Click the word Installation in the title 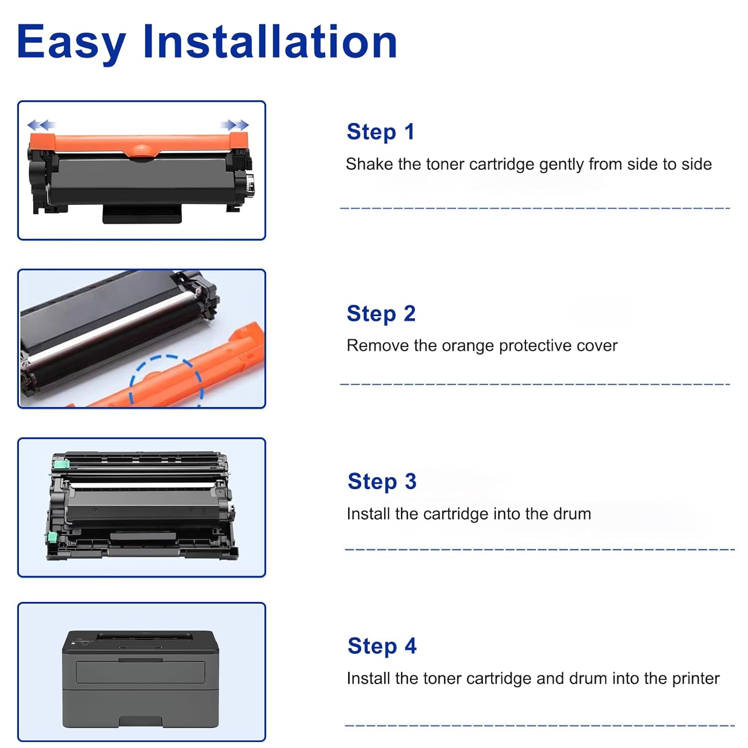pos(270,41)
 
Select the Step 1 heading pos(380,132)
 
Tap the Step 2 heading pos(381,314)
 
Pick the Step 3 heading pos(382,482)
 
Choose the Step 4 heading pos(382,646)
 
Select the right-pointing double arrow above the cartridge pos(235,125)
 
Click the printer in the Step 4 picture pos(141,679)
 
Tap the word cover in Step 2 pos(597,346)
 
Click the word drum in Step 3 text pos(572,514)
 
